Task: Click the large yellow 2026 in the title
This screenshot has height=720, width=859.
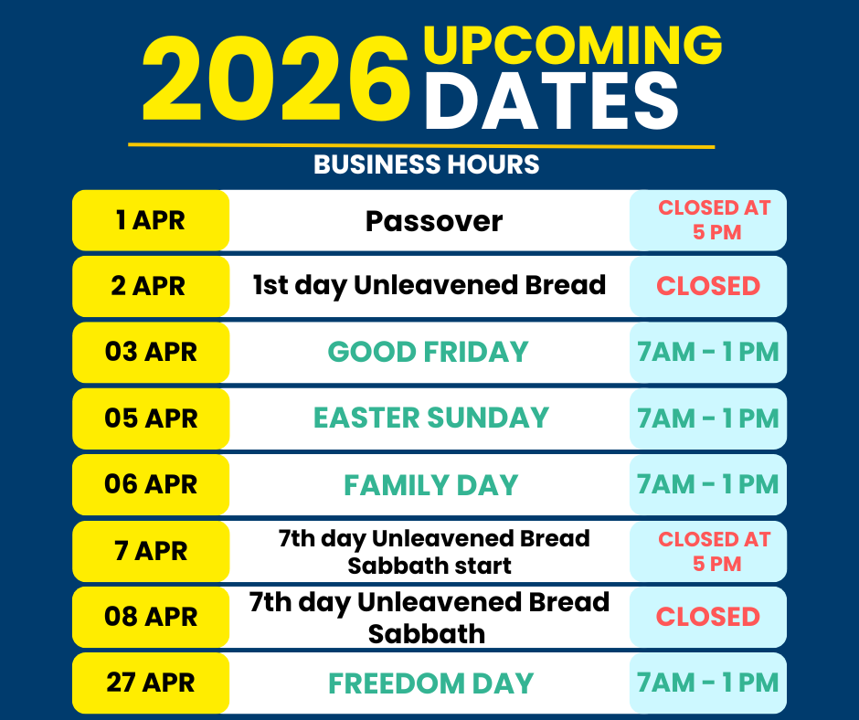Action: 276,79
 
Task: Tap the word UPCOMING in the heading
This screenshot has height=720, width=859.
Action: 572,45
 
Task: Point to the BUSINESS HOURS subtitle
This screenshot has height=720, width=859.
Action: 426,164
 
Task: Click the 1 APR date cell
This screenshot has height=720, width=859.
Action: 151,220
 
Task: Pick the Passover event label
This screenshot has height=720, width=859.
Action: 434,221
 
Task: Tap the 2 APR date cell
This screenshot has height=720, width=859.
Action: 151,287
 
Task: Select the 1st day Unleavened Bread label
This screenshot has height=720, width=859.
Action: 429,285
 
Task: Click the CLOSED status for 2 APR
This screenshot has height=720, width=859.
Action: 708,286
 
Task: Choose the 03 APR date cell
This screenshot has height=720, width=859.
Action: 151,353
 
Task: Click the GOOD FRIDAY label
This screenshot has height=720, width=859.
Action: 428,352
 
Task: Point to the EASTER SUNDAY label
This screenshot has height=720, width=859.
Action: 430,418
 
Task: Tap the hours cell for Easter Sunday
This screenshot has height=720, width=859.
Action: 708,418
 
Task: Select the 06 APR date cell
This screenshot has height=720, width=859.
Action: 151,485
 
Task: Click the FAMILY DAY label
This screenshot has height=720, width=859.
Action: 430,485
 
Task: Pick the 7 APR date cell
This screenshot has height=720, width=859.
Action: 151,551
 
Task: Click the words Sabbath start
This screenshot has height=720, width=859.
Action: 429,566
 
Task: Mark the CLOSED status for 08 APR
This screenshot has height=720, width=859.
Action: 708,617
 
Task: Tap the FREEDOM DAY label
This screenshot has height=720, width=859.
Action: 431,683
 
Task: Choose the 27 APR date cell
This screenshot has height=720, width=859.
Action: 151,683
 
